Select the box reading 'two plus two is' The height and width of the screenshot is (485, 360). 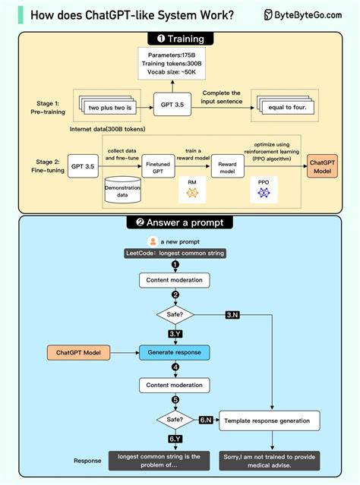[x=115, y=108]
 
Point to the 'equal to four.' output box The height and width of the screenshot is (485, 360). [x=288, y=108]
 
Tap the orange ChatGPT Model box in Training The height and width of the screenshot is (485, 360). [x=323, y=165]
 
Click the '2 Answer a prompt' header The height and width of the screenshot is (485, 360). [x=179, y=222]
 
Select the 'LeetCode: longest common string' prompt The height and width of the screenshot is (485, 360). [x=175, y=252]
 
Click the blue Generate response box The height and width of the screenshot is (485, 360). [x=174, y=352]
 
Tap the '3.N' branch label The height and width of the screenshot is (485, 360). [x=233, y=313]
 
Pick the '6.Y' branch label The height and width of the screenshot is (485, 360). [x=175, y=438]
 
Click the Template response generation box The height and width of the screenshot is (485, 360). [x=269, y=419]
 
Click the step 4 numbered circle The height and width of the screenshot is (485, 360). [x=175, y=368]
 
